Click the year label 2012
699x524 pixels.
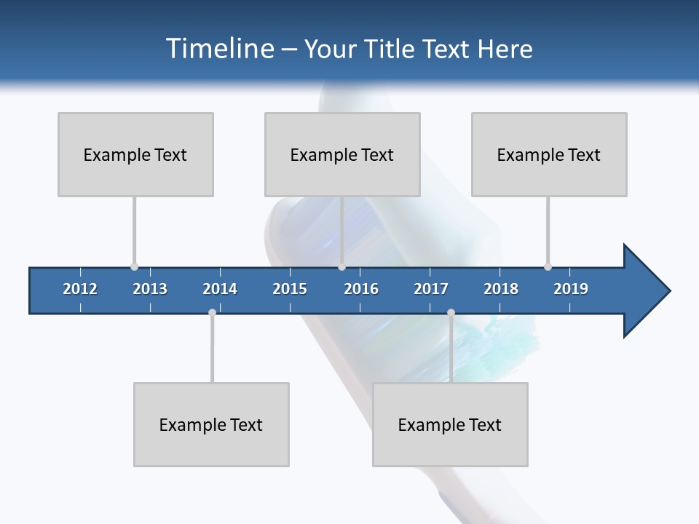click(80, 289)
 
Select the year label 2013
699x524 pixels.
click(150, 289)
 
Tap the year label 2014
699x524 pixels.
click(220, 289)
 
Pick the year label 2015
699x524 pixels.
click(290, 289)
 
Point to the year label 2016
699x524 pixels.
click(361, 289)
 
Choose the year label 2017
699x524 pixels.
click(431, 289)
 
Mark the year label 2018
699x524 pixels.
click(501, 289)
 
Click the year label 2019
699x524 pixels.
click(571, 289)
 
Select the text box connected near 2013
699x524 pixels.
click(135, 154)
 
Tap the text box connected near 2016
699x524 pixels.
click(342, 154)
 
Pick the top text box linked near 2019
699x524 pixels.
click(549, 154)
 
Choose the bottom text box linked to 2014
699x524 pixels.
click(211, 424)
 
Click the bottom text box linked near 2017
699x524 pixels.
click(450, 424)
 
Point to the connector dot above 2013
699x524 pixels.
click(134, 267)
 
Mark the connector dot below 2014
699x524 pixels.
click(212, 312)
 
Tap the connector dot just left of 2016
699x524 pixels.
click(342, 267)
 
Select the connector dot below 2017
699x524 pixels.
click(451, 312)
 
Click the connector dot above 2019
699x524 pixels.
click(548, 267)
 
